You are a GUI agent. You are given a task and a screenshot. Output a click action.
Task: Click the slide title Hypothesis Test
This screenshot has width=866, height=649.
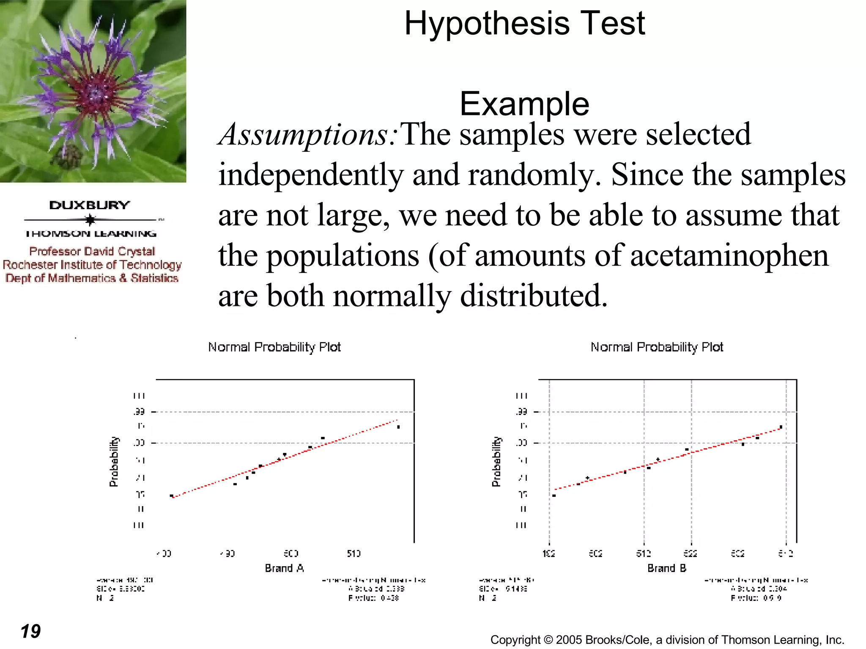click(524, 23)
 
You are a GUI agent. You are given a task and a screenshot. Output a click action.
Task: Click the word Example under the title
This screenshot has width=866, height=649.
click(524, 104)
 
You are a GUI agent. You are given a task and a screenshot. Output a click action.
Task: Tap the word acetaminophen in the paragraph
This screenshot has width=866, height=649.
click(729, 256)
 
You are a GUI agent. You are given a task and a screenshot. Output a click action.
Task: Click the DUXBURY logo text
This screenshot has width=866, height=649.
click(90, 205)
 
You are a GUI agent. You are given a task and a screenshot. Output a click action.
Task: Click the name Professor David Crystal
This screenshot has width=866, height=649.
click(92, 251)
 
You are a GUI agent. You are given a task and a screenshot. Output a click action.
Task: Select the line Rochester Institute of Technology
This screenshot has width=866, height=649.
click(92, 265)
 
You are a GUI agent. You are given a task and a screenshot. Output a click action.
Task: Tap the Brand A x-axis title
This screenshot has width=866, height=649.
click(284, 568)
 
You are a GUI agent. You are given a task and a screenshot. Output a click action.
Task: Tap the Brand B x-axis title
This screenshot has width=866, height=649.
click(666, 568)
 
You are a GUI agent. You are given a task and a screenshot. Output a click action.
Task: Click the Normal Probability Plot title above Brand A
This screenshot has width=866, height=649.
click(274, 347)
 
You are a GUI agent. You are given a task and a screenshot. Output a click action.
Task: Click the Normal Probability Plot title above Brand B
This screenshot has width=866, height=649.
click(656, 347)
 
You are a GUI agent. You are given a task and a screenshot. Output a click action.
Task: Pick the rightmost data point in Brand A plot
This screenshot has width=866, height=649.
click(398, 427)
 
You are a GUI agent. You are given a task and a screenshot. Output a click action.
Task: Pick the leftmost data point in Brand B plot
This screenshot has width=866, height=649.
click(554, 496)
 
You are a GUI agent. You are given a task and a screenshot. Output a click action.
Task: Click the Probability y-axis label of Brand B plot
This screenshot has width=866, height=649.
click(496, 461)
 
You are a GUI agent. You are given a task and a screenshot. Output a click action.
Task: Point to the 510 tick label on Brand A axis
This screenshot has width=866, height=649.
click(354, 554)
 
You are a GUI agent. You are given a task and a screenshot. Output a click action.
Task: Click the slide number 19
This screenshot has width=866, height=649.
click(30, 631)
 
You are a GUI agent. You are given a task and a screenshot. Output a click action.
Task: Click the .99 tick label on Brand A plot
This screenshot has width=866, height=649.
click(140, 412)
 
